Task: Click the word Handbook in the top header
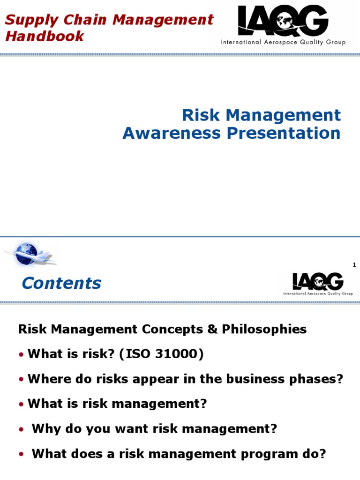point(45,36)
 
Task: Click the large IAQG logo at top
point(283,21)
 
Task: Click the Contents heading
point(61,283)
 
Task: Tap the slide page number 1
point(354,265)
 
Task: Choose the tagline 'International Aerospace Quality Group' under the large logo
point(283,42)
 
